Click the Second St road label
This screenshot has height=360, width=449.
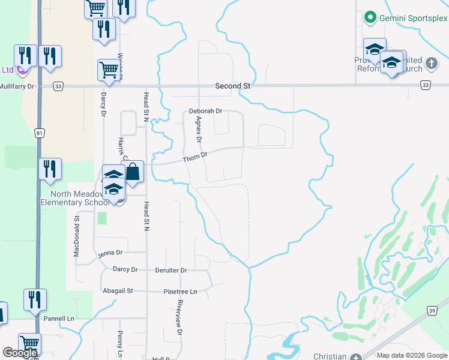(x=232, y=86)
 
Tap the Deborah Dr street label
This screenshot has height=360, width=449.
(x=205, y=111)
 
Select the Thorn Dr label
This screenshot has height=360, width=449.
(x=195, y=157)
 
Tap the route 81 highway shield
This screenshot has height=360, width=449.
(x=39, y=133)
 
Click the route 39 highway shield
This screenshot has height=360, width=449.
(x=432, y=310)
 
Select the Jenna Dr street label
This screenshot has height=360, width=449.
(x=110, y=253)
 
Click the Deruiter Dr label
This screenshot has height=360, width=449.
(x=170, y=270)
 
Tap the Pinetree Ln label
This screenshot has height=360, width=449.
(x=180, y=291)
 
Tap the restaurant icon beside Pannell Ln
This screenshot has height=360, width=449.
(x=35, y=299)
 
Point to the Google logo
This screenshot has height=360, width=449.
(x=20, y=353)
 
